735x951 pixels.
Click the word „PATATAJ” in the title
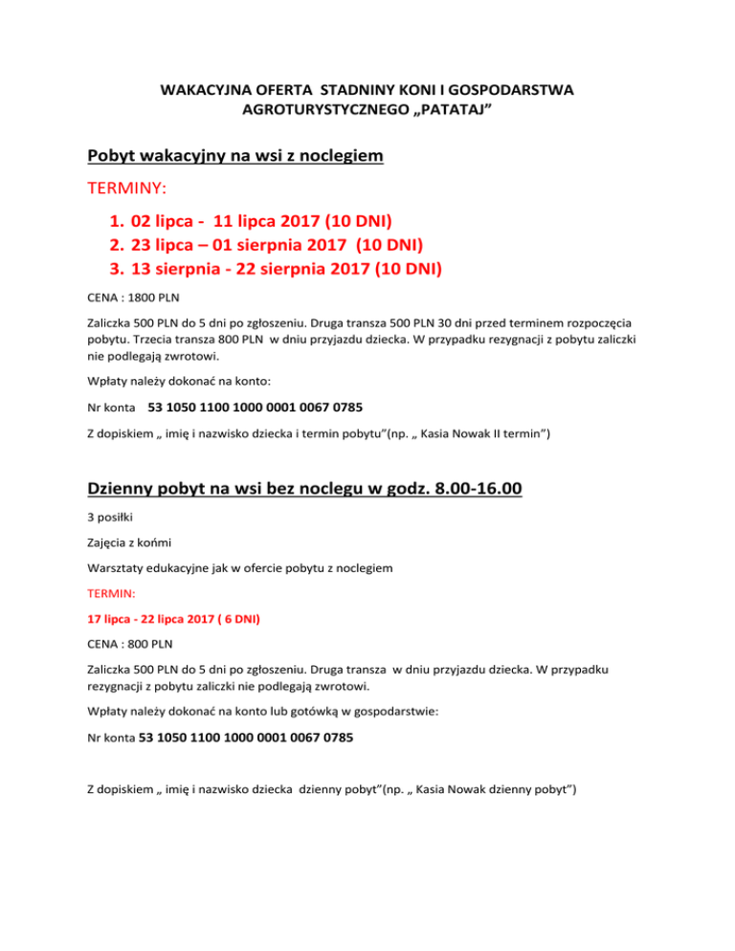(x=452, y=111)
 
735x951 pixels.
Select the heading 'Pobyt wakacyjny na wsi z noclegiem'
(x=235, y=154)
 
